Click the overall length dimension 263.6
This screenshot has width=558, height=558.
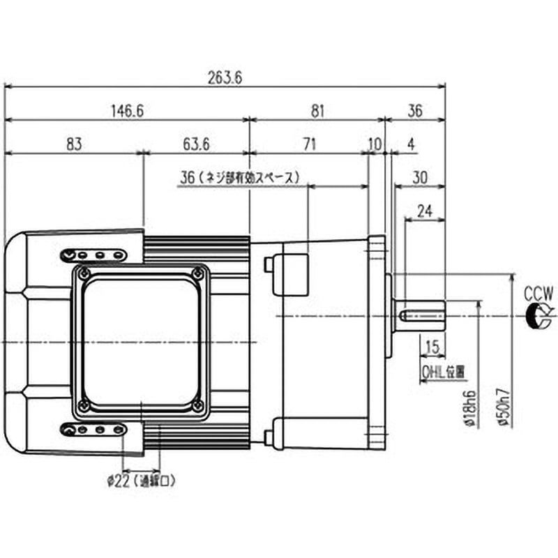225,78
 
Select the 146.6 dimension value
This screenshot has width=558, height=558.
126,110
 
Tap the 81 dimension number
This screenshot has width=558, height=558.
317,110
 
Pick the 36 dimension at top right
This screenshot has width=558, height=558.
415,110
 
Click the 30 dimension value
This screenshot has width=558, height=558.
420,178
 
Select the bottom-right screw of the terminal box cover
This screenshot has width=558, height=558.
199,405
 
